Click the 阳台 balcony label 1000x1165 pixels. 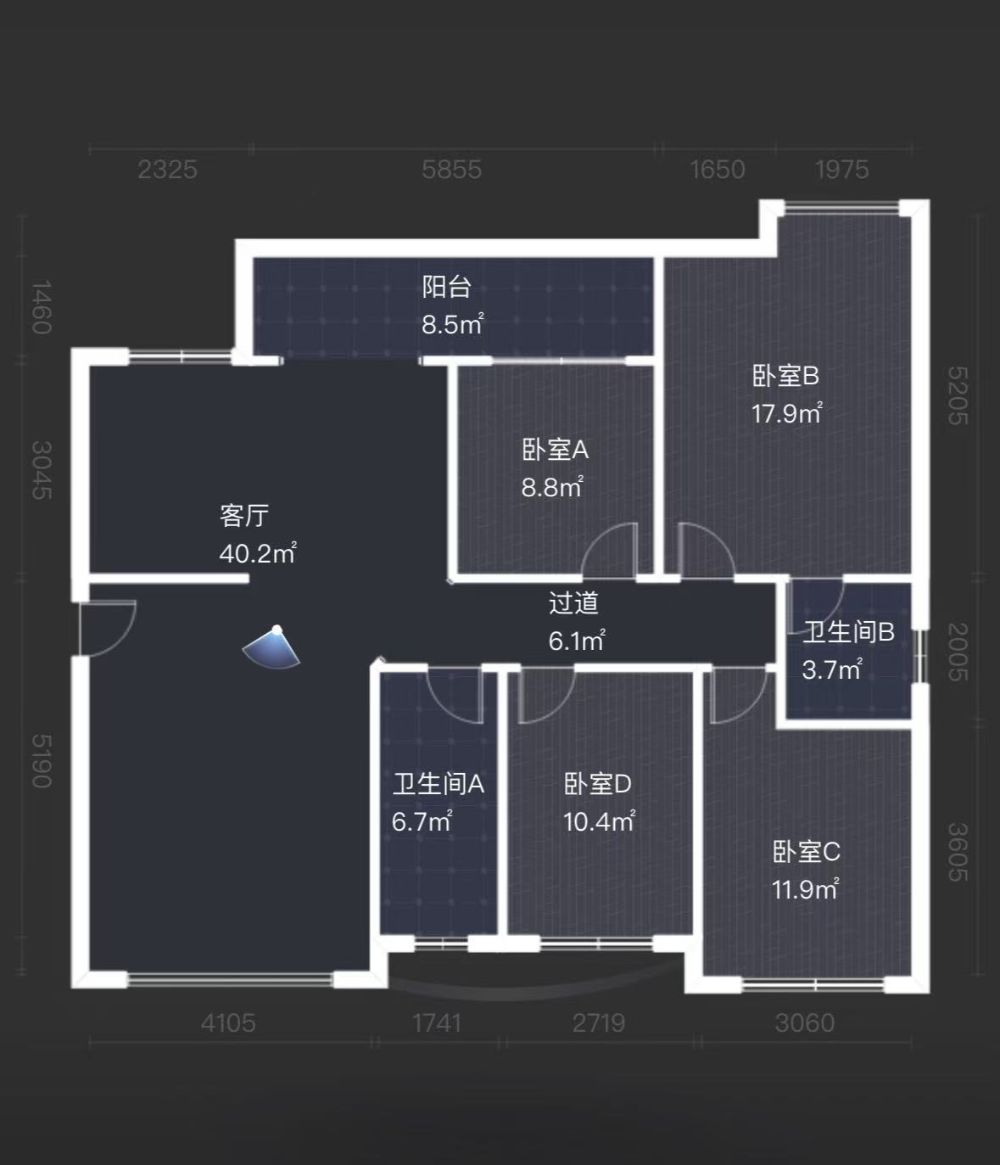(447, 287)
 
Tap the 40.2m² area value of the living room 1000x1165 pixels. (258, 554)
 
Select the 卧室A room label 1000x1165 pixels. (555, 450)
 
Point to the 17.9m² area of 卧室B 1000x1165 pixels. (786, 413)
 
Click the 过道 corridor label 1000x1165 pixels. (573, 603)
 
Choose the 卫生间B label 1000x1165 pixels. (848, 632)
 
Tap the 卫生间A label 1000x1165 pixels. (438, 784)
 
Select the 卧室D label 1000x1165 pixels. (598, 784)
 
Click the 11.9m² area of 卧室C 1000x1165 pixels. (805, 889)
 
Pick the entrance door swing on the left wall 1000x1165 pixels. (106, 628)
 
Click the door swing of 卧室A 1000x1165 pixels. (609, 552)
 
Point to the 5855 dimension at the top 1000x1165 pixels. (451, 170)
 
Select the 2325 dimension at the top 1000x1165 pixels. (167, 170)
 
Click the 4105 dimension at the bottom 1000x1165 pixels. (228, 1023)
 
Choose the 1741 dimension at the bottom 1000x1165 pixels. (437, 1023)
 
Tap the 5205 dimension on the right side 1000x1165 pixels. (957, 395)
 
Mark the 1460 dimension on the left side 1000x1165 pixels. (41, 307)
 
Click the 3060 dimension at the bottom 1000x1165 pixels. (804, 1023)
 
